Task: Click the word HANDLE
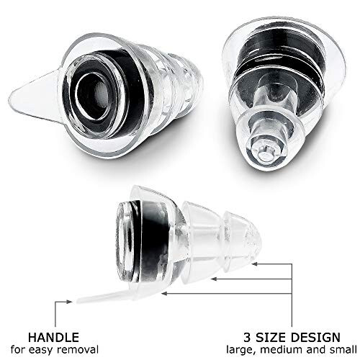pos(53,338)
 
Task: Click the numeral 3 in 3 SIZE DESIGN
pos(247,338)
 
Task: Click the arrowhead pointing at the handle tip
pos(69,302)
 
